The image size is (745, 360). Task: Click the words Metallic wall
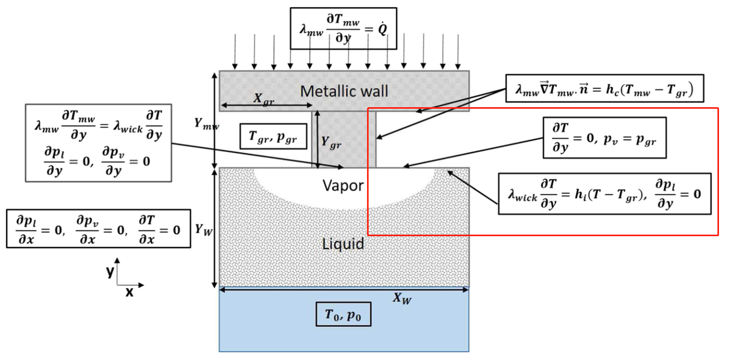pos(344,92)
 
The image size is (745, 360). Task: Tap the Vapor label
pos(343,186)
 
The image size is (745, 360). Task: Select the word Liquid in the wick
pos(343,243)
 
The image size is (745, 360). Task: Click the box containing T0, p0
pos(343,314)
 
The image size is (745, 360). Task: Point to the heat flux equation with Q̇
pos(343,29)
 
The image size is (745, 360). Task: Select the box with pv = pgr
pos(604,138)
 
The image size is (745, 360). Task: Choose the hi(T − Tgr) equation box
pos(604,194)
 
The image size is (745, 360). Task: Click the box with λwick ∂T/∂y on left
pos(98,143)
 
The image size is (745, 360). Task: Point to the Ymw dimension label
pos(206,125)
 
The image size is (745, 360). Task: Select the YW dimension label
pos(203,228)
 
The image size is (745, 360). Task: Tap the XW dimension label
pos(402,298)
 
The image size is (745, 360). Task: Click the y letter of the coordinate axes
pos(110,272)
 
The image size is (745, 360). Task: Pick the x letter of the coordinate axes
pos(129,292)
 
